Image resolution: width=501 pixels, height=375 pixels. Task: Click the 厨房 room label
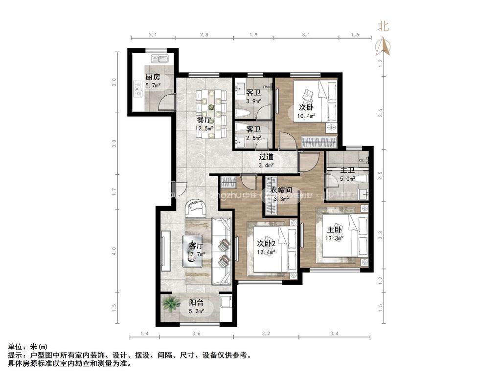click(153, 77)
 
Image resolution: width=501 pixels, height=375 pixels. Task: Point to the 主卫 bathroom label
click(347, 170)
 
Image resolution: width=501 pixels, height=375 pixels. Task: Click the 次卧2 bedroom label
click(267, 244)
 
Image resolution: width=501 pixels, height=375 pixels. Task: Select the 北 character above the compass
click(383, 27)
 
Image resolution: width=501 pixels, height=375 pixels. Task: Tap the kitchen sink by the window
click(160, 60)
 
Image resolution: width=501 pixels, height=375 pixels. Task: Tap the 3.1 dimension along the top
click(306, 35)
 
